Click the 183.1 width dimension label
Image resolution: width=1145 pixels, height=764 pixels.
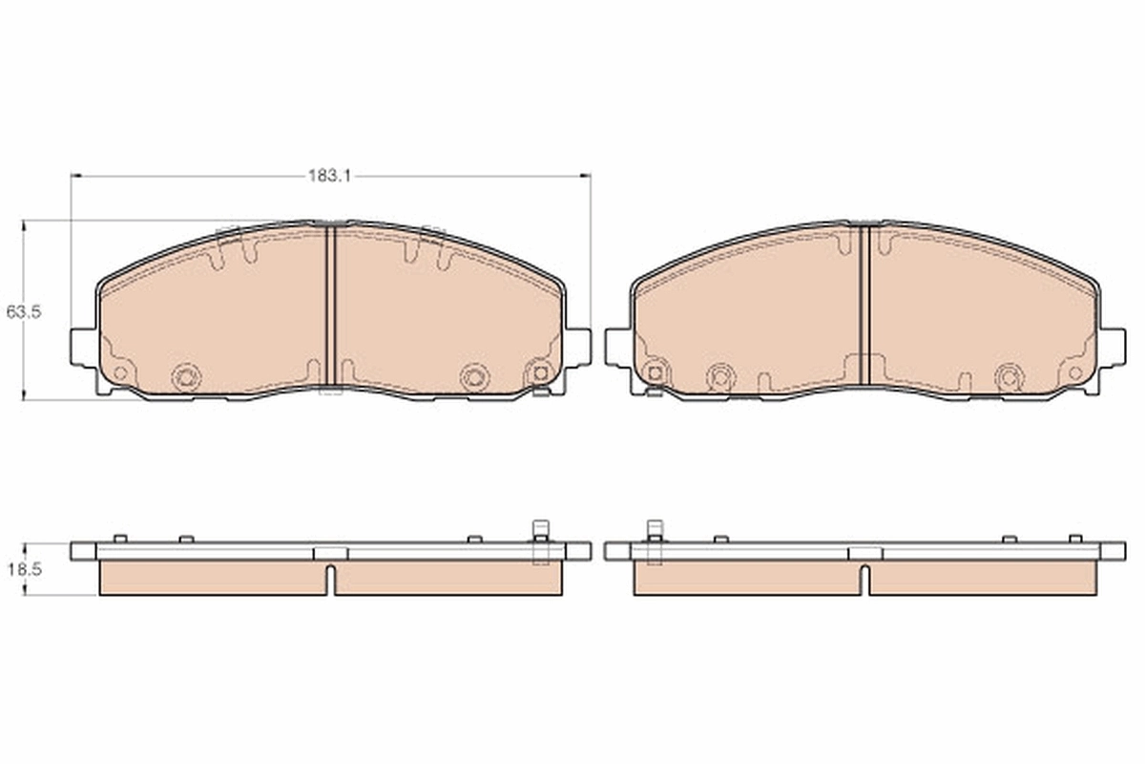330,176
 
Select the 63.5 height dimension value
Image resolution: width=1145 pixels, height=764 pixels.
23,311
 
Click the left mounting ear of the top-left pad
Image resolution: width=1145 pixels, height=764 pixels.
83,347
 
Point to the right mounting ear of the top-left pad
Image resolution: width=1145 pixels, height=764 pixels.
577,347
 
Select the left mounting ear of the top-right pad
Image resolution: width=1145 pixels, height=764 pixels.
617,347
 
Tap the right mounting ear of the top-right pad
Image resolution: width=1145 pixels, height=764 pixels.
1112,347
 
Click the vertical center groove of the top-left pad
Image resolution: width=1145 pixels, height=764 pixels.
331,306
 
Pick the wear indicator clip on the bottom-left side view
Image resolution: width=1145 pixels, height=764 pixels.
540,541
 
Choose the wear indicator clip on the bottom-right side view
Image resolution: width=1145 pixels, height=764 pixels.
655,541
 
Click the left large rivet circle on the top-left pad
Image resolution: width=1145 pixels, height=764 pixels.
186,376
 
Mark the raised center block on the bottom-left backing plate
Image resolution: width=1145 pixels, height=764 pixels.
331,553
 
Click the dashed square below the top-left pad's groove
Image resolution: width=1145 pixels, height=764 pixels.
330,389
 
